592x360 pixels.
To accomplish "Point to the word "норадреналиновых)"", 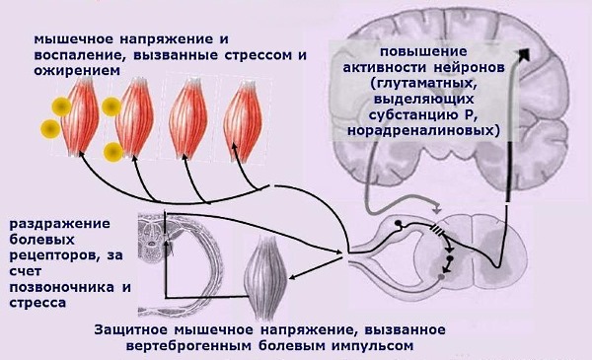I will (434, 129).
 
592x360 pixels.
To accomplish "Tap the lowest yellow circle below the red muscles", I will (112, 151).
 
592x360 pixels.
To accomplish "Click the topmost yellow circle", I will (62, 106).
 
